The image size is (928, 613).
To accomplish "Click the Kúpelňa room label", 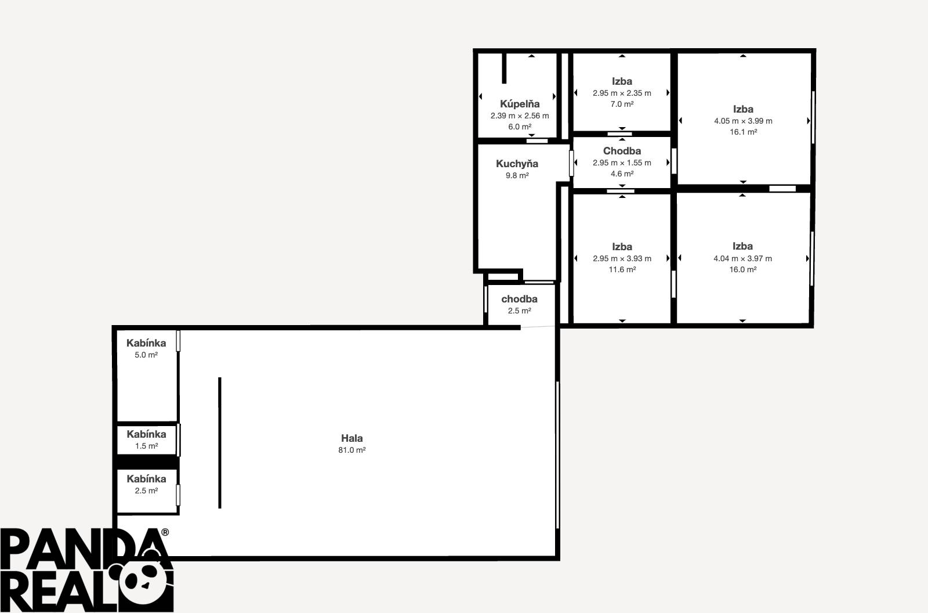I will pos(520,104).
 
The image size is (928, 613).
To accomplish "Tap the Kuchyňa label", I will pos(517,164).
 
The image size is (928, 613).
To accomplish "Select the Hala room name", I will pos(352,438).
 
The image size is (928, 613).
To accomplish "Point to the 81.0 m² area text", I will pos(352,450).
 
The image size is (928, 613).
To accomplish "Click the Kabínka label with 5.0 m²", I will pos(146,343).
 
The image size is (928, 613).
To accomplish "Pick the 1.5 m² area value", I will pos(146,446).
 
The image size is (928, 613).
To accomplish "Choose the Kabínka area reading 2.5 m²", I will pos(146,491).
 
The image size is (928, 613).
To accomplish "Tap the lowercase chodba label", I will pos(519,299).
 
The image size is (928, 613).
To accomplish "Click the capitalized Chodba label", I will pos(622,151).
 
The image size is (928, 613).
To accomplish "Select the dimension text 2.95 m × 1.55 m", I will pos(622,163).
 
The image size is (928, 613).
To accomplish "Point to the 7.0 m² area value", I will pos(622,104).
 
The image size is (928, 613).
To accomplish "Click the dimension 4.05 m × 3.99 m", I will pos(743,121).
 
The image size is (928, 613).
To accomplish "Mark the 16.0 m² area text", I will pos(742,269).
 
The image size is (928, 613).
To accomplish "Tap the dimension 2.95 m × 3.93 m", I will pos(622,258).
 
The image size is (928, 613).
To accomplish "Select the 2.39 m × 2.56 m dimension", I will pos(520,116).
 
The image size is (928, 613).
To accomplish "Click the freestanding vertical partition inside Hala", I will pos(220,442).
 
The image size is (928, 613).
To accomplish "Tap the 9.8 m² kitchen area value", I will pos(517,175).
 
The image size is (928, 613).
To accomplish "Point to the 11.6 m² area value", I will pos(622,269).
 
